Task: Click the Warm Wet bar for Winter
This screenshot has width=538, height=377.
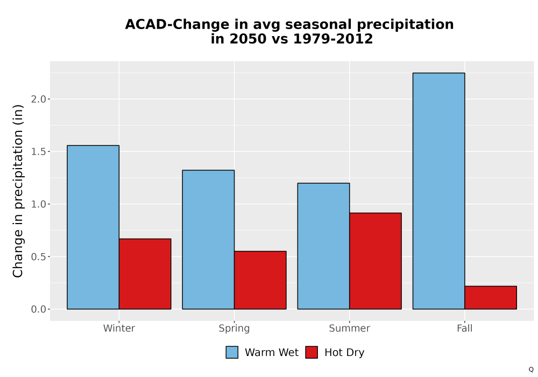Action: coord(93,227)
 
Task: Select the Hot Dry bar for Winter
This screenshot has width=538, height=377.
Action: coord(145,274)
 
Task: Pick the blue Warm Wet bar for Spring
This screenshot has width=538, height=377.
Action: coord(208,240)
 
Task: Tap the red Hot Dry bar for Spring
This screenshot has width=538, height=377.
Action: coord(260,280)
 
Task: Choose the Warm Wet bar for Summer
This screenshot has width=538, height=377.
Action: coord(323,246)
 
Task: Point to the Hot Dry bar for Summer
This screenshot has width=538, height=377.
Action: coord(376,261)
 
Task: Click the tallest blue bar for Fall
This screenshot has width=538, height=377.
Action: coord(439,191)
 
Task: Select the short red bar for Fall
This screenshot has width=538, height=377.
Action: coord(491,298)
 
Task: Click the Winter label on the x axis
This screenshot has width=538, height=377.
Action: coord(119,328)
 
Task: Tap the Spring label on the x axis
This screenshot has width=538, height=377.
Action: coord(235,329)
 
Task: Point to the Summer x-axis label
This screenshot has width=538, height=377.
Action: coord(350,328)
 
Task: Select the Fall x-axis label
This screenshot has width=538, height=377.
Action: coord(465,328)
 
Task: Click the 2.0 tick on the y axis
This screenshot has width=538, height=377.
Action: coord(38,99)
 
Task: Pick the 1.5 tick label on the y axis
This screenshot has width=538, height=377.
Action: coord(38,151)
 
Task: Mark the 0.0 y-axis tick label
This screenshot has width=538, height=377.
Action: coord(38,309)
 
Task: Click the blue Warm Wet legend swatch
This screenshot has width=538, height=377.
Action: coord(232,352)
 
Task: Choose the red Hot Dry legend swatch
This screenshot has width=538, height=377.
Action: coord(312,352)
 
